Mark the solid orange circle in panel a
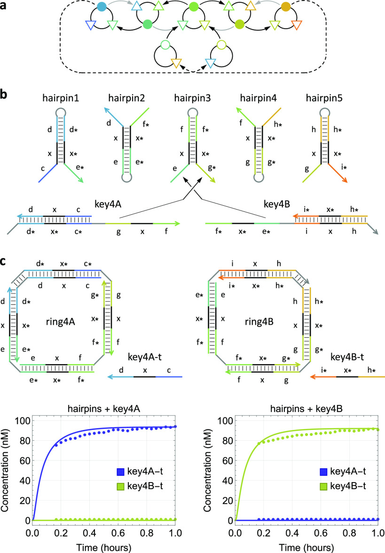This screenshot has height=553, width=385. tap(285, 7)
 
